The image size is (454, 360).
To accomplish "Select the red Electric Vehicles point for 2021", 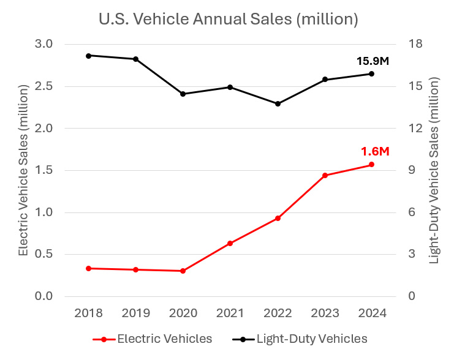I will coord(230,243).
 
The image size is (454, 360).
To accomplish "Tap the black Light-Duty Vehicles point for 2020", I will coord(183,94).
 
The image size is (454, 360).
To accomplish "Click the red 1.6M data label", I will coord(374,151).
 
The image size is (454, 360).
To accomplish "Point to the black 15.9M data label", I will coord(373,61).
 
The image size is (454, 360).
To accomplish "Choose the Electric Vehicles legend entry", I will coord(153,339).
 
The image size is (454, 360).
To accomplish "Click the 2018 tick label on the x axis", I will coord(88,313).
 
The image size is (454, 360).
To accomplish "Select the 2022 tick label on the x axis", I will coord(278,313).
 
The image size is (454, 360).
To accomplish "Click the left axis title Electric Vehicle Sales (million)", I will coord(23,170).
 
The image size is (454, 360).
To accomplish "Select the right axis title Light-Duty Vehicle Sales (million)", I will coord(434,170).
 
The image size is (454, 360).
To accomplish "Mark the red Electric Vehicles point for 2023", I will coord(325,176).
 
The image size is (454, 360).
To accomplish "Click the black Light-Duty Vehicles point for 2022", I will coord(278,103).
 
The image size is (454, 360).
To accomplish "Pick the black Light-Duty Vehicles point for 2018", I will coord(88,56).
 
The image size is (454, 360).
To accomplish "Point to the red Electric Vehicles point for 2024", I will coord(372,165).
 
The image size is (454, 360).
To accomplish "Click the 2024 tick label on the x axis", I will coord(372,313).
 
